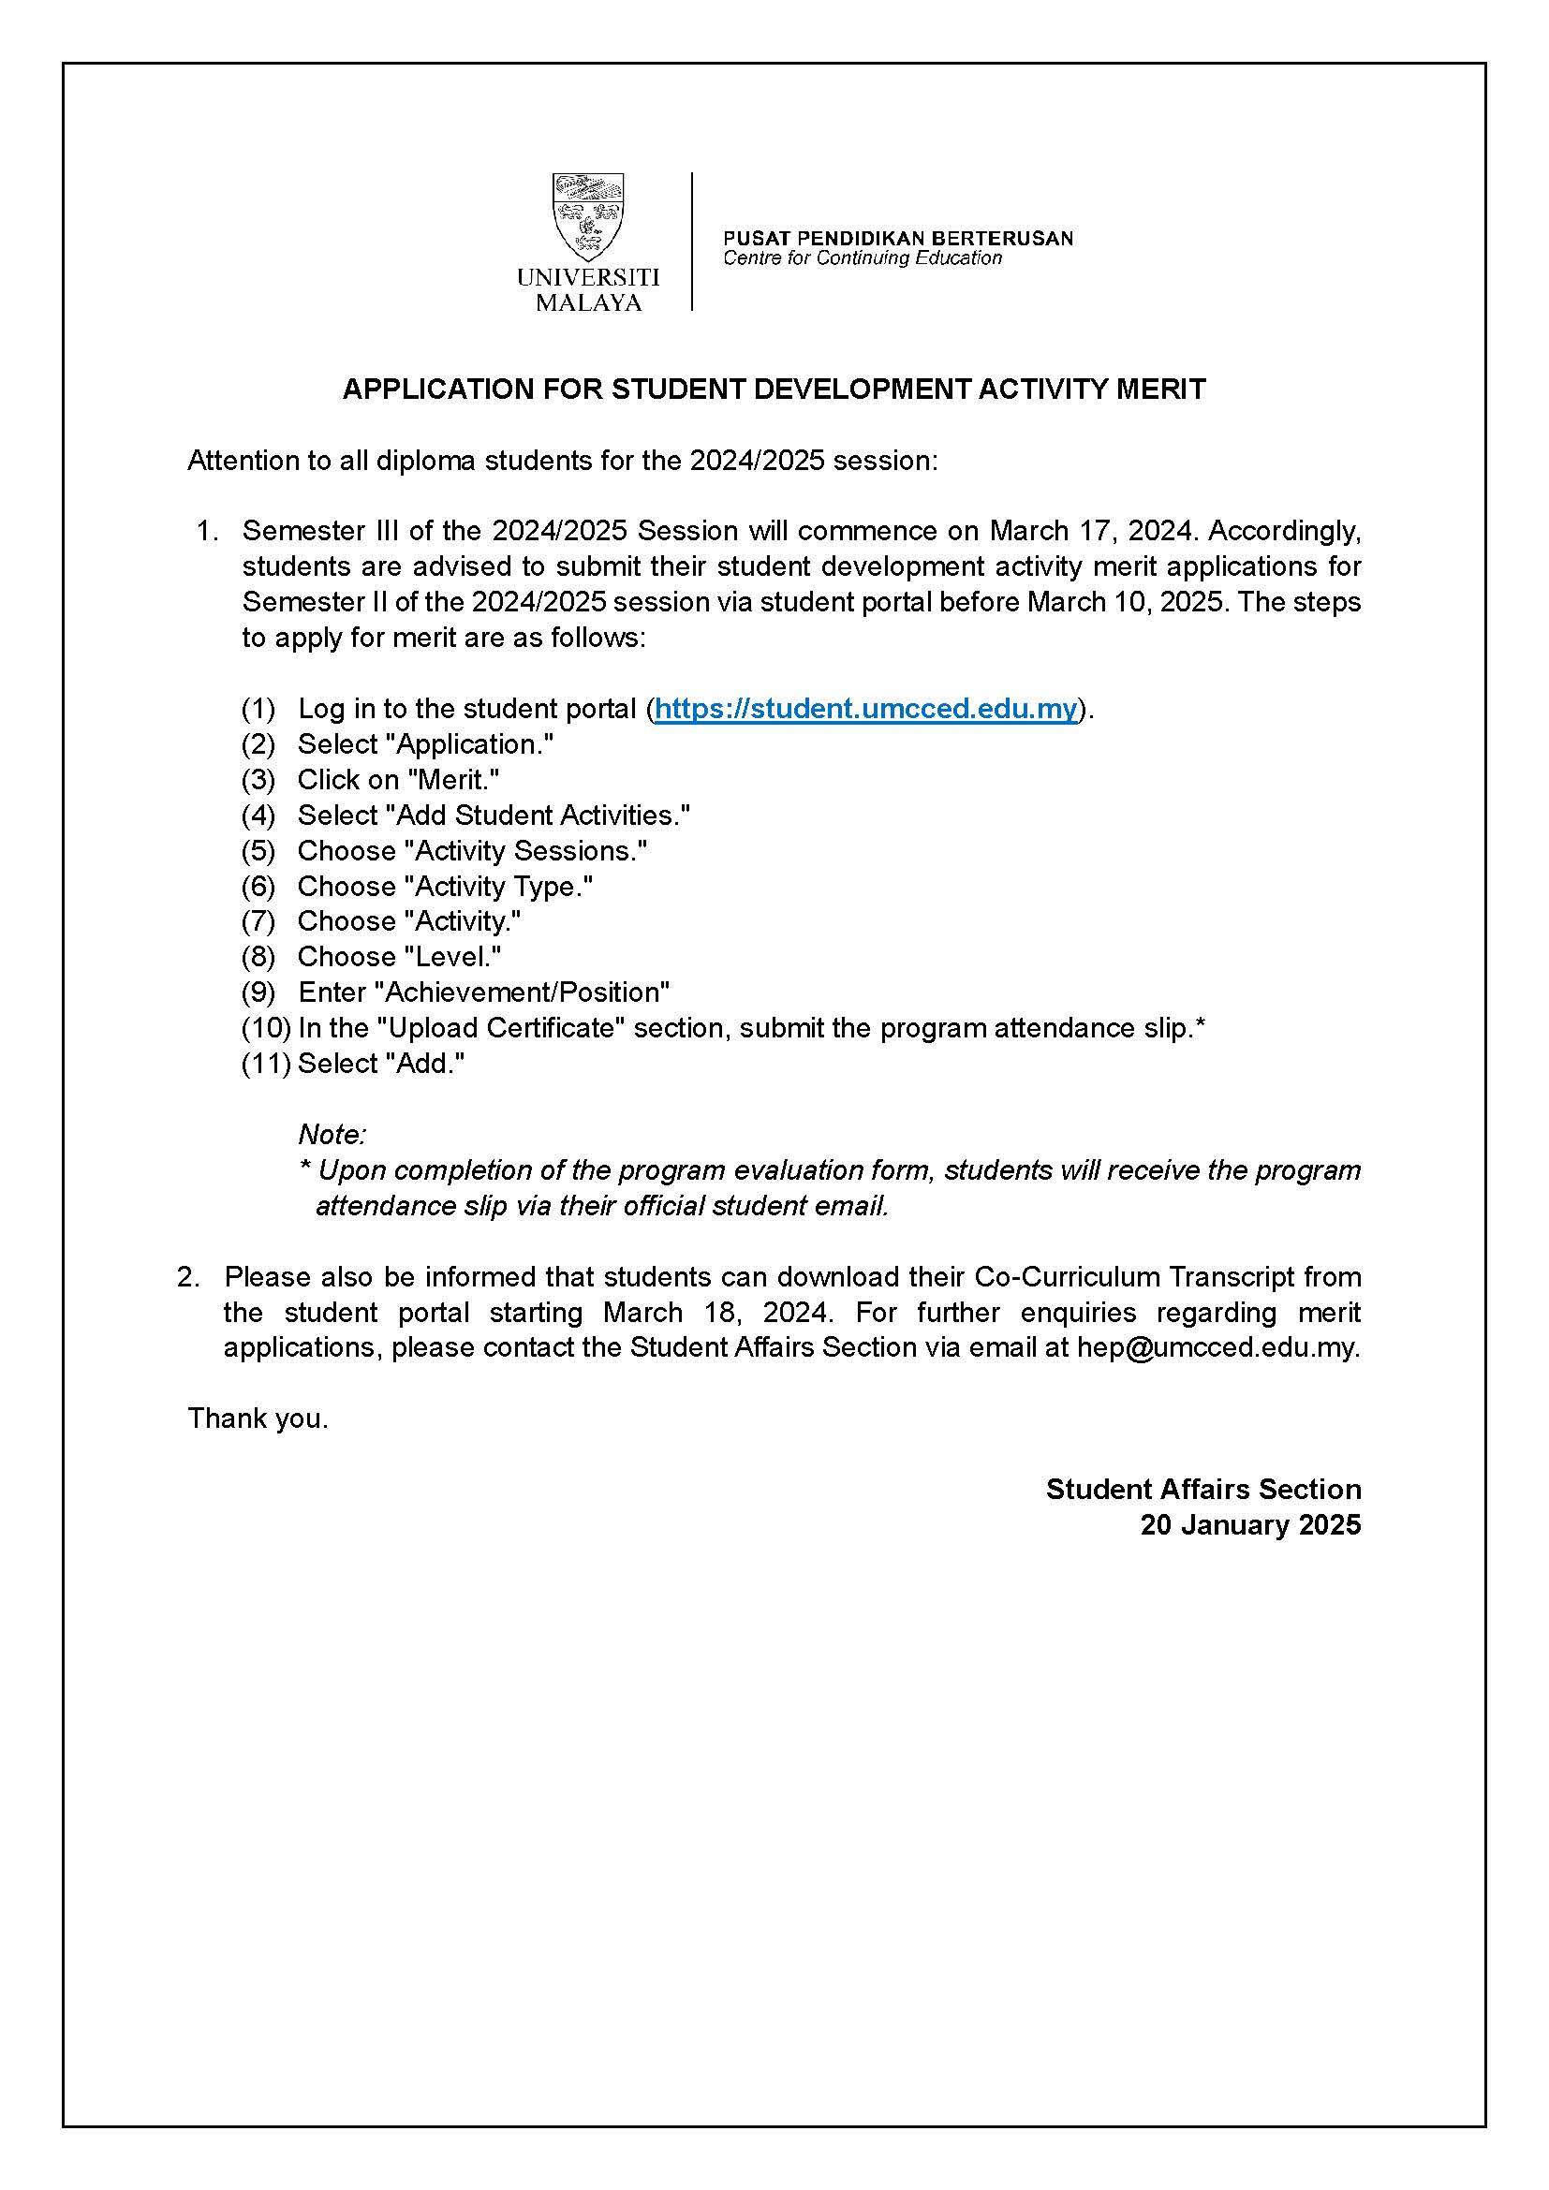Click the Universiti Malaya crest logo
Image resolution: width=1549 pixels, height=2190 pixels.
[x=587, y=216]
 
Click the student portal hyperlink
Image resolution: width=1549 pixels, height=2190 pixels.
[x=865, y=709]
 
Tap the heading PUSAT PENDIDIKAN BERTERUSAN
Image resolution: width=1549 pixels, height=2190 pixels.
[x=897, y=238]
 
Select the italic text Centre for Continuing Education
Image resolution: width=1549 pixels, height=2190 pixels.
[x=863, y=258]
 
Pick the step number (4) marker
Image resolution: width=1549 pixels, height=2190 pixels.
[x=258, y=816]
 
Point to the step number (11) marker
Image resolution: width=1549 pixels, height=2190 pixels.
[x=265, y=1064]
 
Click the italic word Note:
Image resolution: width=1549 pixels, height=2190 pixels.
[x=332, y=1135]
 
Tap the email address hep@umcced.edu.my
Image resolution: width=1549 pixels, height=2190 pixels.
[x=1217, y=1347]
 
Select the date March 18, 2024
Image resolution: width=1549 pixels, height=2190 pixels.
[x=718, y=1313]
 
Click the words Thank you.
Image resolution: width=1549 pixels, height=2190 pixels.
[x=258, y=1418]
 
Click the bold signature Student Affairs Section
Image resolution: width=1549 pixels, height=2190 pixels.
[x=1202, y=1490]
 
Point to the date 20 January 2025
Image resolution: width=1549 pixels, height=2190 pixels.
[x=1249, y=1525]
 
